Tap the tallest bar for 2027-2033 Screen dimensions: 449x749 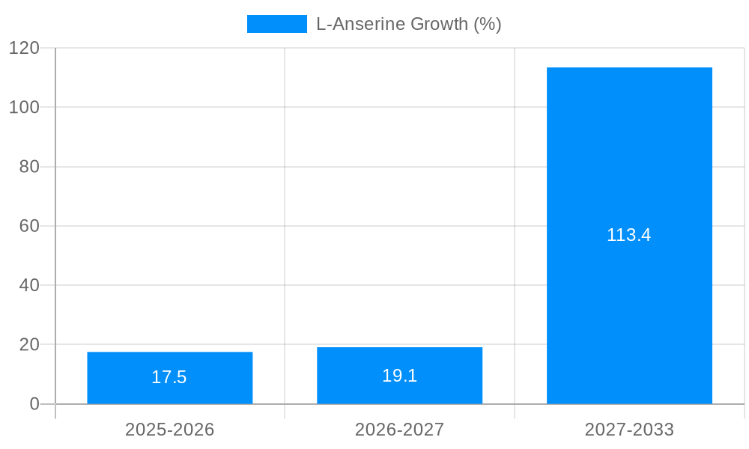tap(629, 150)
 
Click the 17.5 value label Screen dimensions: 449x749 tap(169, 377)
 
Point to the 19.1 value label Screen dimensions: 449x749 tap(399, 376)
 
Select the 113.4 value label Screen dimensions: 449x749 tap(629, 235)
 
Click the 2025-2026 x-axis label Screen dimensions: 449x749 tap(169, 430)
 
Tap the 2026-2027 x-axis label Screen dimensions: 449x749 tap(399, 430)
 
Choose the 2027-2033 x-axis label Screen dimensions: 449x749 tap(629, 430)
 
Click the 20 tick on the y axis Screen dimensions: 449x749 tap(29, 345)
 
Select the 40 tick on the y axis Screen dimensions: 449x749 tap(29, 285)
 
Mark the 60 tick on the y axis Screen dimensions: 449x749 tap(29, 226)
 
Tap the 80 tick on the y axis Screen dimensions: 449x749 tap(29, 167)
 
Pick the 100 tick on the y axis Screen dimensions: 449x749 tap(25, 107)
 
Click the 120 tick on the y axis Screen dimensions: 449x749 tap(25, 48)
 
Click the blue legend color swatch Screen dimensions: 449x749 tap(276, 24)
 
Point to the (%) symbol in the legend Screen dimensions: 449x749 tap(488, 24)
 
